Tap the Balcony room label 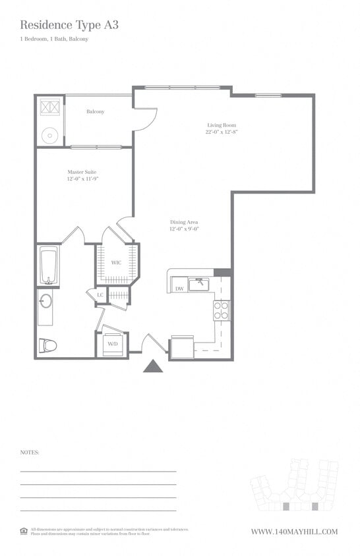point(96,111)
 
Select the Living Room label point(221,125)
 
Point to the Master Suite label point(82,172)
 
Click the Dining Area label point(184,222)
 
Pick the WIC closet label point(116,263)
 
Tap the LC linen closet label point(100,295)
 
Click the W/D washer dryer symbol point(112,344)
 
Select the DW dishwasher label point(179,289)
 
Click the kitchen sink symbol point(198,284)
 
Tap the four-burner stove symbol point(222,310)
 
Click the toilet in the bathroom point(48,345)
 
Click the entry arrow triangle point(153,366)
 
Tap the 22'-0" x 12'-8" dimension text point(221,132)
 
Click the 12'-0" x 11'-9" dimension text point(82,179)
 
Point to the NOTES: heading point(30,453)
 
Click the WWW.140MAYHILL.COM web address point(294,532)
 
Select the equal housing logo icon point(24,530)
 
